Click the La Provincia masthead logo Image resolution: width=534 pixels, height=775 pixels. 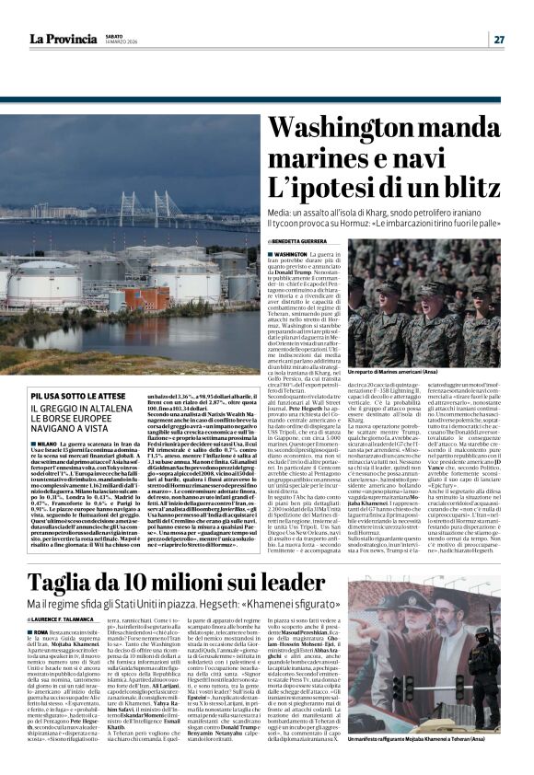pyautogui.click(x=63, y=39)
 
